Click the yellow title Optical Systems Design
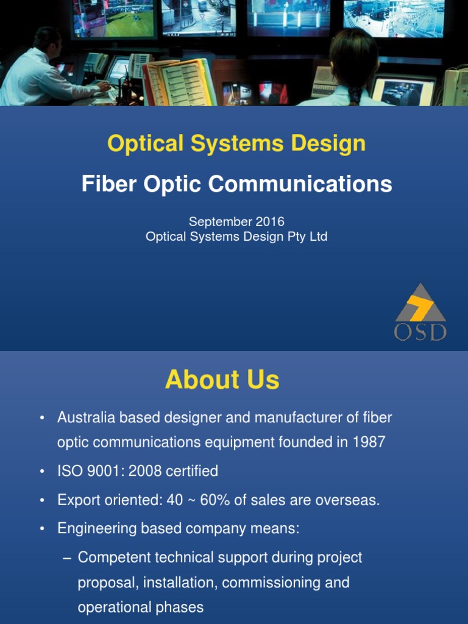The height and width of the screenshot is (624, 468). (x=236, y=144)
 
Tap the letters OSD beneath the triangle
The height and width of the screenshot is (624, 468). (x=420, y=332)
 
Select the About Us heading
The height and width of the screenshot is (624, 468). (x=222, y=380)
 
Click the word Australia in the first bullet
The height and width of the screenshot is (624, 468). (x=82, y=418)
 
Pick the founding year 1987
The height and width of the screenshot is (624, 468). (x=369, y=442)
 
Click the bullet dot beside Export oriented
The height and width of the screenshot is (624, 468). (x=42, y=501)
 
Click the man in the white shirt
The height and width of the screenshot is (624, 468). (x=37, y=73)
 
